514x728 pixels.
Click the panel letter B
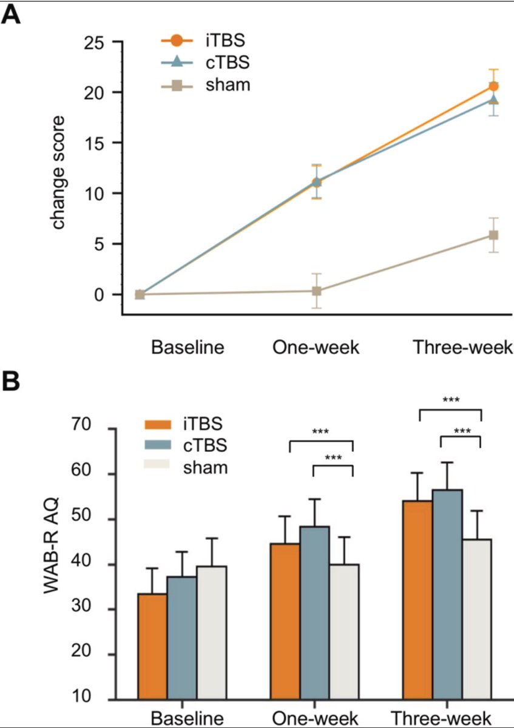12,383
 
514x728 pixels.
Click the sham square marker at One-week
316,291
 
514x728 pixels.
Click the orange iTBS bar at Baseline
152,645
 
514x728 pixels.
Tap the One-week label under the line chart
316,348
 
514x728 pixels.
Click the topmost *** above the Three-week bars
450,400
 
